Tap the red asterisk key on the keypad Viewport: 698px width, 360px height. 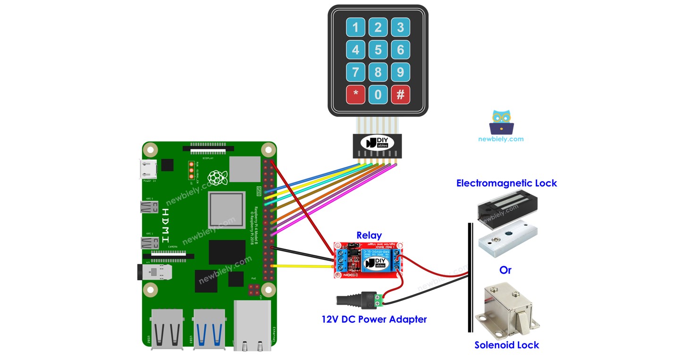click(355, 95)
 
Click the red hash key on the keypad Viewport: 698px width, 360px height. click(400, 95)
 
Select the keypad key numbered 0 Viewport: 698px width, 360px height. click(378, 95)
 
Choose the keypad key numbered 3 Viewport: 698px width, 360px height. click(400, 27)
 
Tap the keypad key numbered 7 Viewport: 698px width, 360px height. click(355, 72)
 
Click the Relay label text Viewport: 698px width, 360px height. click(369, 235)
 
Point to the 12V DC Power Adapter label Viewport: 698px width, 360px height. click(374, 319)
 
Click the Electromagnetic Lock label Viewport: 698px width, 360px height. click(506, 183)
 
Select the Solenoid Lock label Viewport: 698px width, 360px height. click(506, 345)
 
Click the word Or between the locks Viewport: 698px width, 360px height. click(505, 270)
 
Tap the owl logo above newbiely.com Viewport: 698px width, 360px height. click(501, 122)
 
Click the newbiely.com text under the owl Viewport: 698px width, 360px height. click(501, 139)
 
